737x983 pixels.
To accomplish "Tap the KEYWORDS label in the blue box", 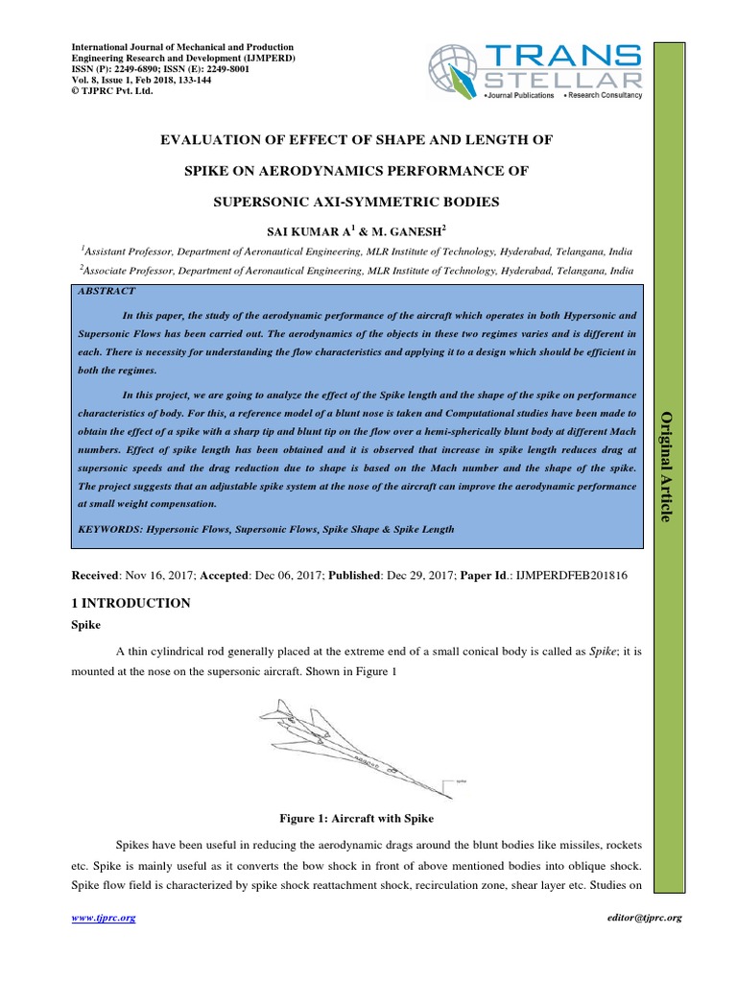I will (x=109, y=529).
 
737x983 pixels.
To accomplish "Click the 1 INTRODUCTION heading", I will (x=131, y=603).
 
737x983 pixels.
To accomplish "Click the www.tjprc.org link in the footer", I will (x=105, y=918).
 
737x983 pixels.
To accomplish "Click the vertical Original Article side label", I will (x=663, y=466).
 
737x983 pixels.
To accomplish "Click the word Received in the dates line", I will (x=101, y=573).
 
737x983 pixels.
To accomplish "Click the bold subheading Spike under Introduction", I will (x=88, y=623).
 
